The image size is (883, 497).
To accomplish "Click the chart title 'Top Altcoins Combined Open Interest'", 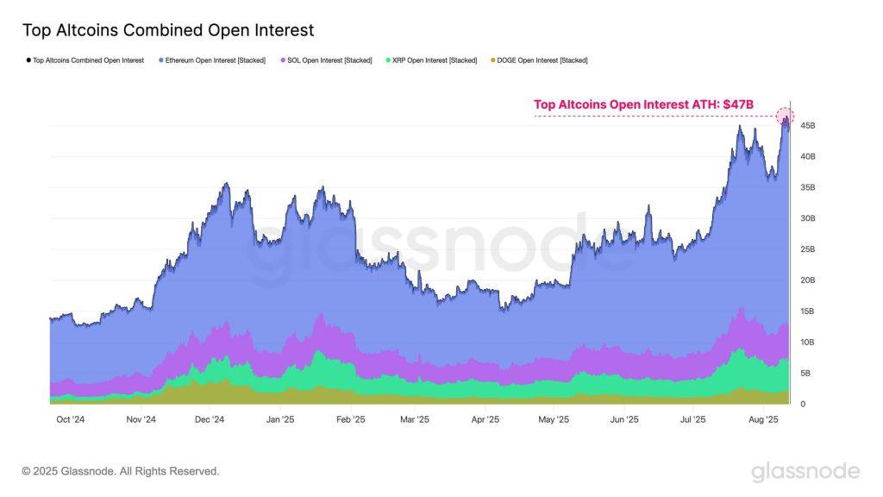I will coord(167,30).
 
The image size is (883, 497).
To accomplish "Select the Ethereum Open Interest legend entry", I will coord(212,60).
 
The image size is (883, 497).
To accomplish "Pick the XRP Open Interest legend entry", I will coord(431,60).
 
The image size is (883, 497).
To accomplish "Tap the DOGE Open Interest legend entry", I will coord(539,60).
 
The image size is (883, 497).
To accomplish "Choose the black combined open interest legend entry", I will coord(86,60).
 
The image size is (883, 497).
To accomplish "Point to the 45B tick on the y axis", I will coord(807,126).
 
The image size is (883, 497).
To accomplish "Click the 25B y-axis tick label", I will coord(807,249).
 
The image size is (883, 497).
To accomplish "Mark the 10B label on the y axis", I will coord(807,343).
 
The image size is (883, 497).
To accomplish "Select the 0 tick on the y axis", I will coord(804,404).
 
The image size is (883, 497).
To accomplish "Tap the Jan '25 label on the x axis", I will coord(279,420).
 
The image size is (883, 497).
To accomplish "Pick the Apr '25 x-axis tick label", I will coord(485,420).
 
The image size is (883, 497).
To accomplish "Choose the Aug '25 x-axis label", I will coord(763,420).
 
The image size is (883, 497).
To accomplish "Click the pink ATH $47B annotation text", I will coord(643,104).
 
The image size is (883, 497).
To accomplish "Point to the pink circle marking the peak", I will coord(785,116).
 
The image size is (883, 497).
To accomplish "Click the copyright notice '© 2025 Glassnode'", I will coord(121,471).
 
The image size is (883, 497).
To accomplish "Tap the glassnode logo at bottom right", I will coord(805,471).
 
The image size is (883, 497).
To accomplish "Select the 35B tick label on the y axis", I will coord(807,187).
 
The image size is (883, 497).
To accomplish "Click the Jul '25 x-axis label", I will coord(692,420).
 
